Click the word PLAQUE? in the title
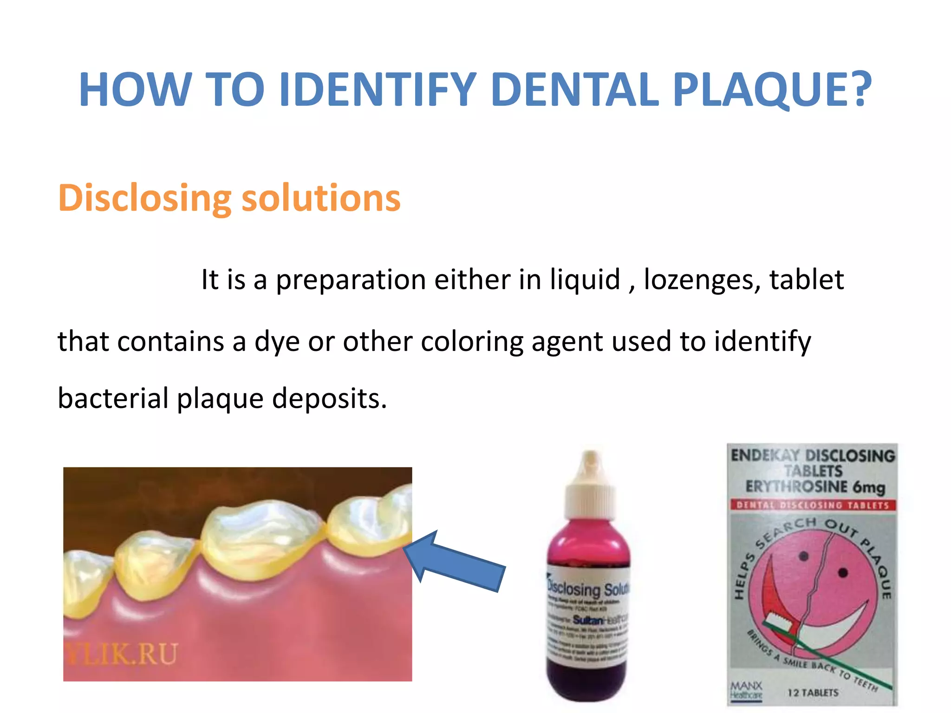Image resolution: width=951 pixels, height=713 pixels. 772,90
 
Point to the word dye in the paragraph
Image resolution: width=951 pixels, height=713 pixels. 277,342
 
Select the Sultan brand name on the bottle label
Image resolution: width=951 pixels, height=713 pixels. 587,620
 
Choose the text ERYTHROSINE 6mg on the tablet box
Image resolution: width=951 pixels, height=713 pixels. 815,487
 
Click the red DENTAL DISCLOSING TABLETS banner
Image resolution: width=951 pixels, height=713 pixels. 813,505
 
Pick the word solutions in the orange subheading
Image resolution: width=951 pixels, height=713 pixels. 321,199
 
